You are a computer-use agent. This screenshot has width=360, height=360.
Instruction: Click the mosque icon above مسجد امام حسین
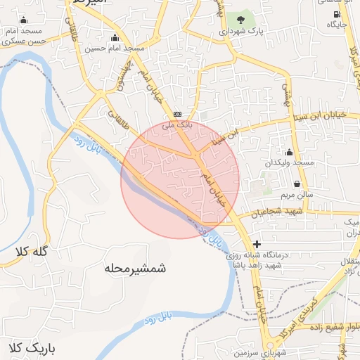(x=115, y=37)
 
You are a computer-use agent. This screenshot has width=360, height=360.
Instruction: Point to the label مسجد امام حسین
(x=115, y=49)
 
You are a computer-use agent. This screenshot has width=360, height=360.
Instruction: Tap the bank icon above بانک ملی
(x=177, y=114)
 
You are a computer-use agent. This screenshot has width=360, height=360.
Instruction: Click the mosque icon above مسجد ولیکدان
(x=289, y=152)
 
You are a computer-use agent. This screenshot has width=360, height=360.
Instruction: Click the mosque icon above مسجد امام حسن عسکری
(x=25, y=20)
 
